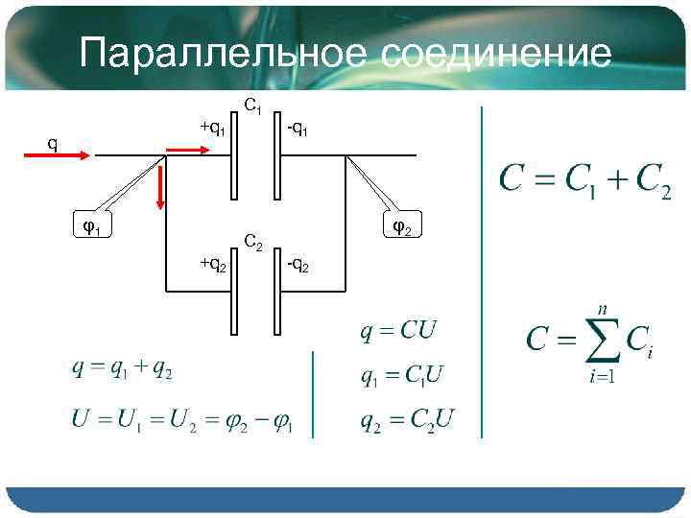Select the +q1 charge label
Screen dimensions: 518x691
tap(212, 128)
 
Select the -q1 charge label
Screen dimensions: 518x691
tap(298, 128)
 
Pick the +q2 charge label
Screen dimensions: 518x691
tap(212, 264)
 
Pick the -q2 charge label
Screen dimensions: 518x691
tap(298, 264)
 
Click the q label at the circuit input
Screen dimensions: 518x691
tap(54, 145)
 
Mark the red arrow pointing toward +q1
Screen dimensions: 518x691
tap(194, 150)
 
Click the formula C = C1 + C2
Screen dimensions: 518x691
tap(584, 181)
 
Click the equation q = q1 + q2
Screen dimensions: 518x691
tap(122, 369)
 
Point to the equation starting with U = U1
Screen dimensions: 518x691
tap(185, 421)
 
